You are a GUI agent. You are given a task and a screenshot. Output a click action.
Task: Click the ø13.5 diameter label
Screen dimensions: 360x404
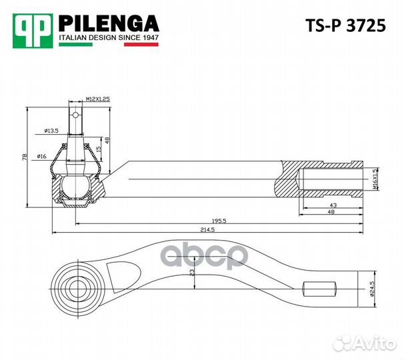click(52, 130)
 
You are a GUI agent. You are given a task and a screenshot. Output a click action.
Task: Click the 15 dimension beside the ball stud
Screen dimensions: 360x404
click(99, 149)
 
